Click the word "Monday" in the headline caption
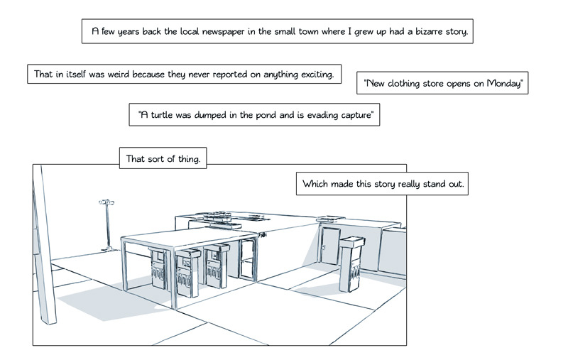pos(504,84)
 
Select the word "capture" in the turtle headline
pos(354,115)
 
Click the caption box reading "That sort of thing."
pos(163,159)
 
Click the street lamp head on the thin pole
pos(106,204)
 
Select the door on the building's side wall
pos(329,246)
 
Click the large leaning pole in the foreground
pos(44,249)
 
